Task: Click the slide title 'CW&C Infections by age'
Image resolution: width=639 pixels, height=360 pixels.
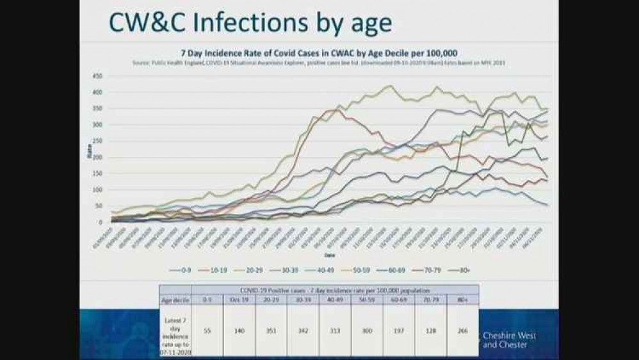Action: click(250, 22)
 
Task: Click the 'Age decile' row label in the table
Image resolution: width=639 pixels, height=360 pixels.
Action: click(175, 299)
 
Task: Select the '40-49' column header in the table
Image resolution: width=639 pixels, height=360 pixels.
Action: click(336, 299)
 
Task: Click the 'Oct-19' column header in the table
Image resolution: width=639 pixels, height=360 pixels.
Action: click(239, 299)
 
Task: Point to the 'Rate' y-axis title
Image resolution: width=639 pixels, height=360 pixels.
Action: click(88, 150)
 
